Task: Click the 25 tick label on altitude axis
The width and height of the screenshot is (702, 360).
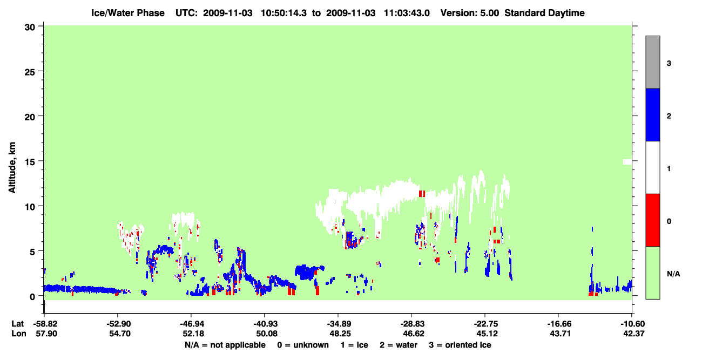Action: coord(30,72)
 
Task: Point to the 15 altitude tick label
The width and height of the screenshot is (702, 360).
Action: coord(30,162)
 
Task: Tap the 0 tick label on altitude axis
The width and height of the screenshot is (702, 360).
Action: coord(32,297)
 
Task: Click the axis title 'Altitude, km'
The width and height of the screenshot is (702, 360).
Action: coord(12,168)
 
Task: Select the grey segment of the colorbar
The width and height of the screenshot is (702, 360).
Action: coord(652,62)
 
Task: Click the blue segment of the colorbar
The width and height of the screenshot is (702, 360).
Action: coord(652,114)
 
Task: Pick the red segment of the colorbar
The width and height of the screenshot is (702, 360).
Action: coord(652,220)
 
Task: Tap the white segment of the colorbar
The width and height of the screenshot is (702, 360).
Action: coord(652,168)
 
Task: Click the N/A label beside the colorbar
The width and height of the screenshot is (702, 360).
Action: coord(673,274)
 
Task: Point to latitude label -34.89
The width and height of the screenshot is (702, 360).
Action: coord(339,324)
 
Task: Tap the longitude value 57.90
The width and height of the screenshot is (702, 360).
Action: coord(46,334)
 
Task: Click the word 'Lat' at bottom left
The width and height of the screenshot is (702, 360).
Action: coord(17,324)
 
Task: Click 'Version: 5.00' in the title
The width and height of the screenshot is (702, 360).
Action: coord(469,13)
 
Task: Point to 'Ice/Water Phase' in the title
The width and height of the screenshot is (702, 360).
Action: coord(128,13)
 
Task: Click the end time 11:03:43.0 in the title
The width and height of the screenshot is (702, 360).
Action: coord(407,13)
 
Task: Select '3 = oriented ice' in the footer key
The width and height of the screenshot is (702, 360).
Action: coord(460,345)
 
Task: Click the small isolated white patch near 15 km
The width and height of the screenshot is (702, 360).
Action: coord(627,162)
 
